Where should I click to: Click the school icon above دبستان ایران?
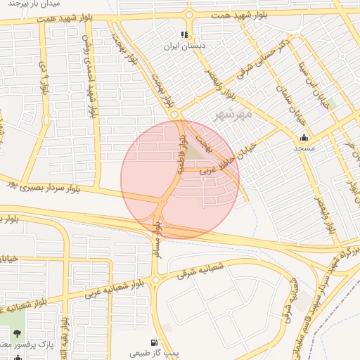[184, 34]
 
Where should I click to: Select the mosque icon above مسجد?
[304, 137]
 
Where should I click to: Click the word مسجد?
[304, 149]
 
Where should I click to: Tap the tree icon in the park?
[17, 333]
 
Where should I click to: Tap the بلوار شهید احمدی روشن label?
[89, 70]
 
